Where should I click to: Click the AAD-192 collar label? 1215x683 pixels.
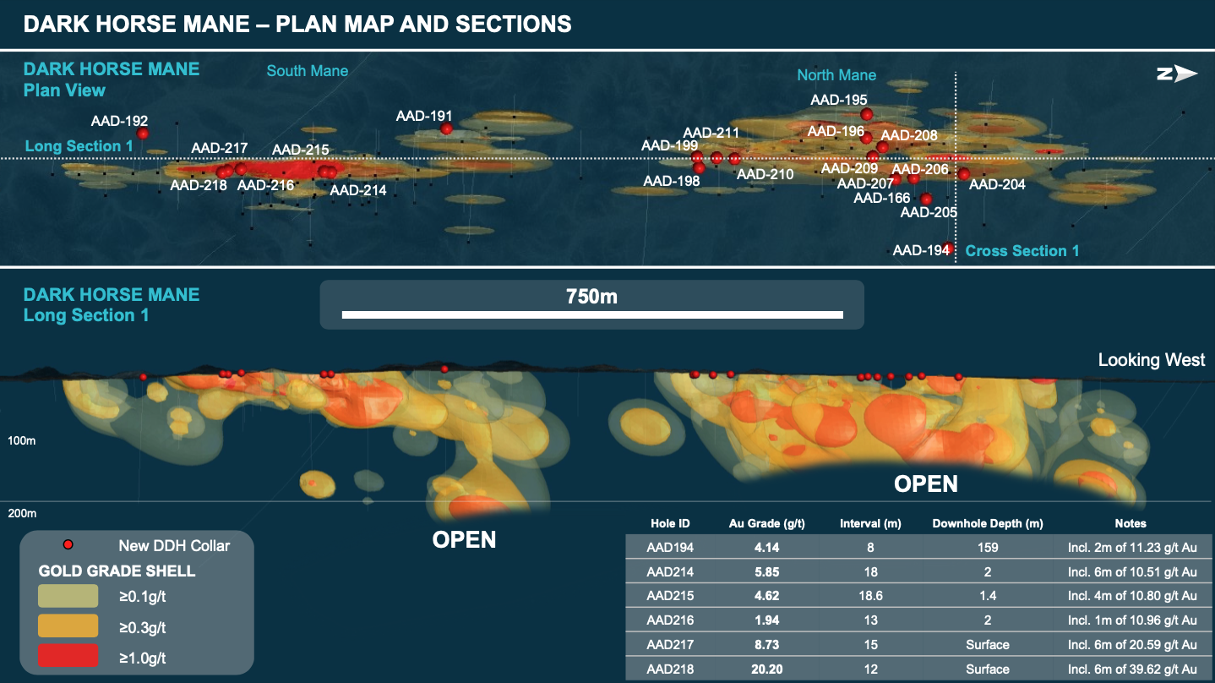[119, 121]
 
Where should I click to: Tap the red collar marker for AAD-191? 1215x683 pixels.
[446, 128]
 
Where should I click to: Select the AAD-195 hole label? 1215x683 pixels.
[839, 100]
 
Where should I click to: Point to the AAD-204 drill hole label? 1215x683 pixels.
[997, 184]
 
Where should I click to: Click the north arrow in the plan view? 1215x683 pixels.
[1177, 74]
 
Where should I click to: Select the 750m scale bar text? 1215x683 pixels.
[591, 297]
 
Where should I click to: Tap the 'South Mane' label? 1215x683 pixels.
[308, 71]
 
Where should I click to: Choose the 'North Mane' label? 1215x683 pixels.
[836, 75]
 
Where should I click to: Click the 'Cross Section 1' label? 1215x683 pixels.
[1022, 251]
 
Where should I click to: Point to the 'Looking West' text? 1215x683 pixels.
[1151, 360]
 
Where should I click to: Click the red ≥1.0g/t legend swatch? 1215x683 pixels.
[68, 657]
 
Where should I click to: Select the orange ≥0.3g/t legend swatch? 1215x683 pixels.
[68, 627]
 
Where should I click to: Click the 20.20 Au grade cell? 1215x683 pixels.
[766, 669]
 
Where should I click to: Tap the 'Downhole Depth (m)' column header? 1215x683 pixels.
[987, 524]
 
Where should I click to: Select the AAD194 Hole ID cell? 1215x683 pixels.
[669, 547]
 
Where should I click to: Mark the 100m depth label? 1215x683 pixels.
[22, 441]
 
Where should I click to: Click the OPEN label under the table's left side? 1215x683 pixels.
[464, 539]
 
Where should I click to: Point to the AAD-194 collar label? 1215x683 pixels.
[921, 250]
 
